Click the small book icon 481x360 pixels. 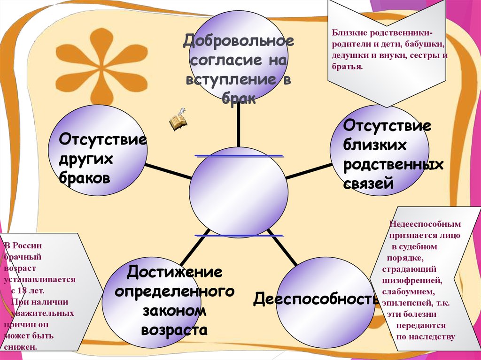(178, 121)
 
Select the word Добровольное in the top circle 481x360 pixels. (239, 41)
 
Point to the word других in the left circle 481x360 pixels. (86, 160)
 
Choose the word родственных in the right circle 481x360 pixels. (394, 165)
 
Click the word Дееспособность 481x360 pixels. (316, 299)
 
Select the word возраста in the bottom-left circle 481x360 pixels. (174, 329)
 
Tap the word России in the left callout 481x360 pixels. (29, 245)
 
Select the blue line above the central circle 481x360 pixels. (239, 155)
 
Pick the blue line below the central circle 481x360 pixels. (239, 235)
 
